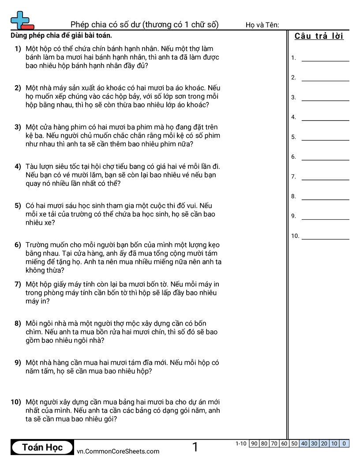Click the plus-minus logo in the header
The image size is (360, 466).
pyautogui.click(x=22, y=20)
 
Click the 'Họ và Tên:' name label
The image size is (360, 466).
pyautogui.click(x=262, y=25)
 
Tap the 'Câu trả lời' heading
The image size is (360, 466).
pyautogui.click(x=319, y=36)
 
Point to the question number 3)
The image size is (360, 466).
pyautogui.click(x=18, y=127)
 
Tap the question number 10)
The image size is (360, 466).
pyautogui.click(x=16, y=402)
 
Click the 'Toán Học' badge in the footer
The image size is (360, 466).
pyautogui.click(x=42, y=447)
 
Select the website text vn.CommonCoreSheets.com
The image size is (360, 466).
pyautogui.click(x=118, y=451)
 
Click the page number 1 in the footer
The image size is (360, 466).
pyautogui.click(x=195, y=447)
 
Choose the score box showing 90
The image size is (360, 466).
pyautogui.click(x=254, y=443)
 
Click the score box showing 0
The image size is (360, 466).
pyautogui.click(x=344, y=443)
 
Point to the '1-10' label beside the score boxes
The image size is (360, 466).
pyautogui.click(x=241, y=443)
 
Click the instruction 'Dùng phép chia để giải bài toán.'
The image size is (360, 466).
pyautogui.click(x=61, y=36)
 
